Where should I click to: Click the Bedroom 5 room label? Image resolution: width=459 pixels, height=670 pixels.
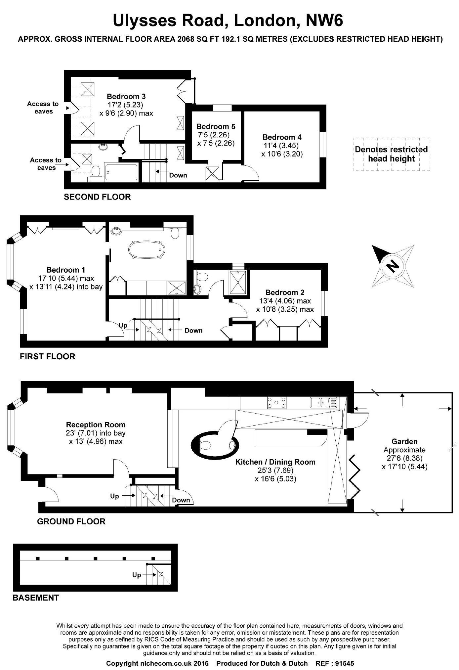coord(216,126)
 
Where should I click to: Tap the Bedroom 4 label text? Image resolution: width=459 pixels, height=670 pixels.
coord(282,137)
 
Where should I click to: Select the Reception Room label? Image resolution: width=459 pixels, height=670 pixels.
coord(96,424)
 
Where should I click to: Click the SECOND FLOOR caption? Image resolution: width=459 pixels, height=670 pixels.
coord(97,197)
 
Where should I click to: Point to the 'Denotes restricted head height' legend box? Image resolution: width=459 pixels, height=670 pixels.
coord(392,154)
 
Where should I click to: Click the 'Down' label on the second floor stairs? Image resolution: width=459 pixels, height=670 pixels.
coord(178,175)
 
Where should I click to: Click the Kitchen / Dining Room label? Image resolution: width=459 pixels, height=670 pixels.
coord(275,462)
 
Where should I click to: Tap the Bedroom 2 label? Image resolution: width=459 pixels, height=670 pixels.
coord(285,292)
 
